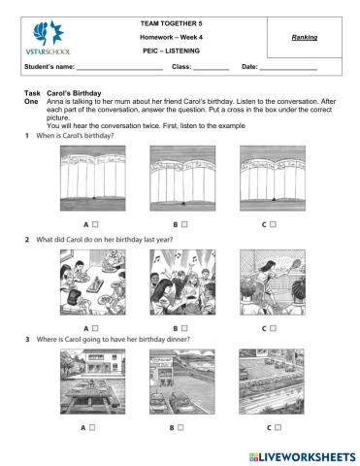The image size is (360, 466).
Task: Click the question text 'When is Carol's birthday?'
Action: (x=78, y=135)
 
